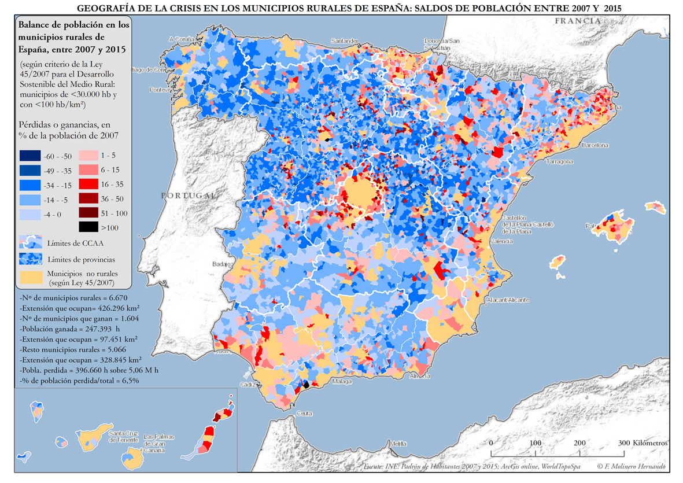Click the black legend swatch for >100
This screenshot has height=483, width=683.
click(x=88, y=227)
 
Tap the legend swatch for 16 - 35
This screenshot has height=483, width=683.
click(x=88, y=185)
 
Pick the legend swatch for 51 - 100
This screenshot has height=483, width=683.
click(x=88, y=213)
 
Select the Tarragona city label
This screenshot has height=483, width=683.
click(x=560, y=161)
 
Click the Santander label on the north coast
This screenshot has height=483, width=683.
click(x=345, y=42)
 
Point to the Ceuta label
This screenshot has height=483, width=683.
click(x=304, y=414)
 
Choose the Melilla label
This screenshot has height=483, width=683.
click(x=398, y=444)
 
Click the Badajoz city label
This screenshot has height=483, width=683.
click(x=222, y=264)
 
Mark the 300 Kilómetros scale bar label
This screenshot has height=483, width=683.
click(x=643, y=443)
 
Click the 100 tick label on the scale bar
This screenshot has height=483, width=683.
click(x=536, y=443)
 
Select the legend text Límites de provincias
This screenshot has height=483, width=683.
click(x=81, y=260)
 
